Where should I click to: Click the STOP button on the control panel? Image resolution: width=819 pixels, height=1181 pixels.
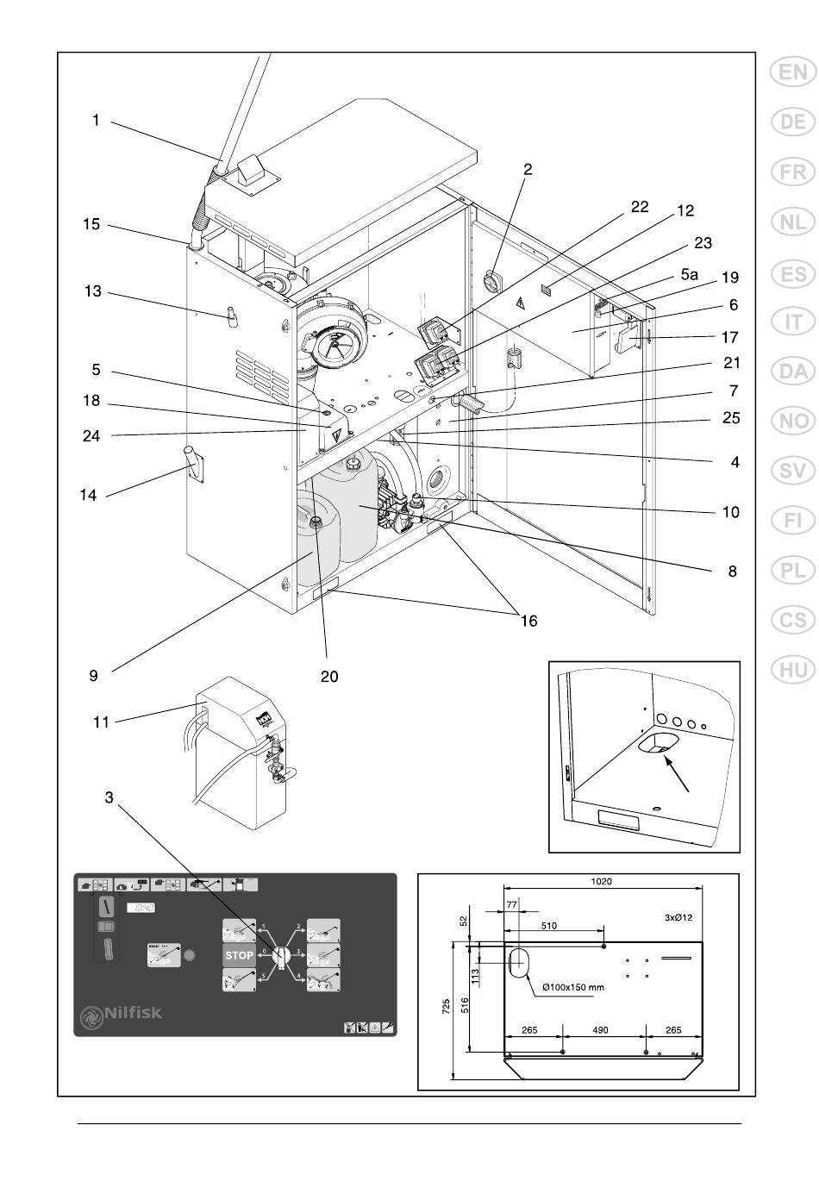pyautogui.click(x=239, y=955)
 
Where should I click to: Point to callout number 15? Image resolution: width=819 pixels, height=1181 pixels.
pyautogui.click(x=91, y=224)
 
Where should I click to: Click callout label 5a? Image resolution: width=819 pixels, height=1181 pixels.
pyautogui.click(x=688, y=274)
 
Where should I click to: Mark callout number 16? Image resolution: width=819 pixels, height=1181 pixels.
pyautogui.click(x=528, y=621)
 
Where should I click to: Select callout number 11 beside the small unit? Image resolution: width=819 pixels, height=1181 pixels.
pyautogui.click(x=101, y=722)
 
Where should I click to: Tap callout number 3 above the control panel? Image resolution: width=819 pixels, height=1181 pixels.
pyautogui.click(x=109, y=798)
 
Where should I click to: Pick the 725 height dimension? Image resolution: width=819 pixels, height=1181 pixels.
pyautogui.click(x=446, y=1006)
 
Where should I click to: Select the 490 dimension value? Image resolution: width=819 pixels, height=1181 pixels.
pyautogui.click(x=601, y=1030)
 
